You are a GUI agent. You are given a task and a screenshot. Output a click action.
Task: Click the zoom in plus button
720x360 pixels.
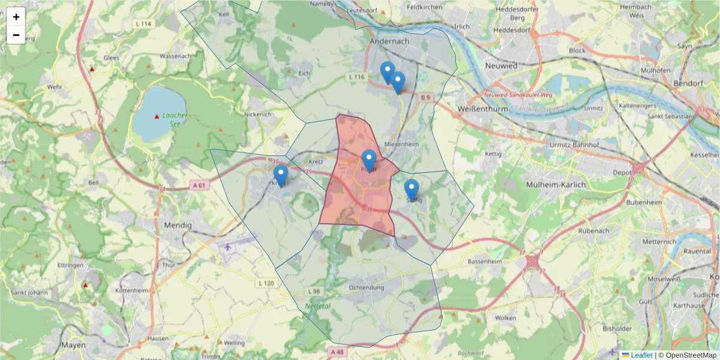[16, 17]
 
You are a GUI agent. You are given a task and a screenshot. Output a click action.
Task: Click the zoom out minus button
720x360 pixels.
[16, 35]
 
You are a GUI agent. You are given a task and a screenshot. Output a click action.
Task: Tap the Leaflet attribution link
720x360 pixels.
[641, 355]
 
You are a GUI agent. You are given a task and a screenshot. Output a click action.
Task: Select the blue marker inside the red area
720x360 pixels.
[369, 160]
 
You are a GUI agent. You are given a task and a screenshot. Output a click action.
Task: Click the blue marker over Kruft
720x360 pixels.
[280, 175]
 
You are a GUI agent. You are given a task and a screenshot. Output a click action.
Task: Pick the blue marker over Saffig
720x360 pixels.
[411, 189]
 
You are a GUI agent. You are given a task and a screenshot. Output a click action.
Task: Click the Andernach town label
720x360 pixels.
[389, 41]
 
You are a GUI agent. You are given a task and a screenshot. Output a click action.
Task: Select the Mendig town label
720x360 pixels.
[177, 226]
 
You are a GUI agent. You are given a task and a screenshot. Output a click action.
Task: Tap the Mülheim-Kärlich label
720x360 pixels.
[555, 185]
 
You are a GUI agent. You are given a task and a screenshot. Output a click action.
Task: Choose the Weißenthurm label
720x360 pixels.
[482, 109]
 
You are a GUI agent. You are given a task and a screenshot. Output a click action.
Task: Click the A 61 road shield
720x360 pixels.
[200, 185]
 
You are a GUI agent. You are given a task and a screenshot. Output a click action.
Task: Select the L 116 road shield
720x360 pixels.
[356, 77]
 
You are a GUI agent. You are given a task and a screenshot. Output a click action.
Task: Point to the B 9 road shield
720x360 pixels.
[425, 97]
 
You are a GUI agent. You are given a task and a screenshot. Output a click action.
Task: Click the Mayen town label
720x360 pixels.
[73, 345]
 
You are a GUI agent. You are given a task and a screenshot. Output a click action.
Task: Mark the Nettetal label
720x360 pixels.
[318, 306]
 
